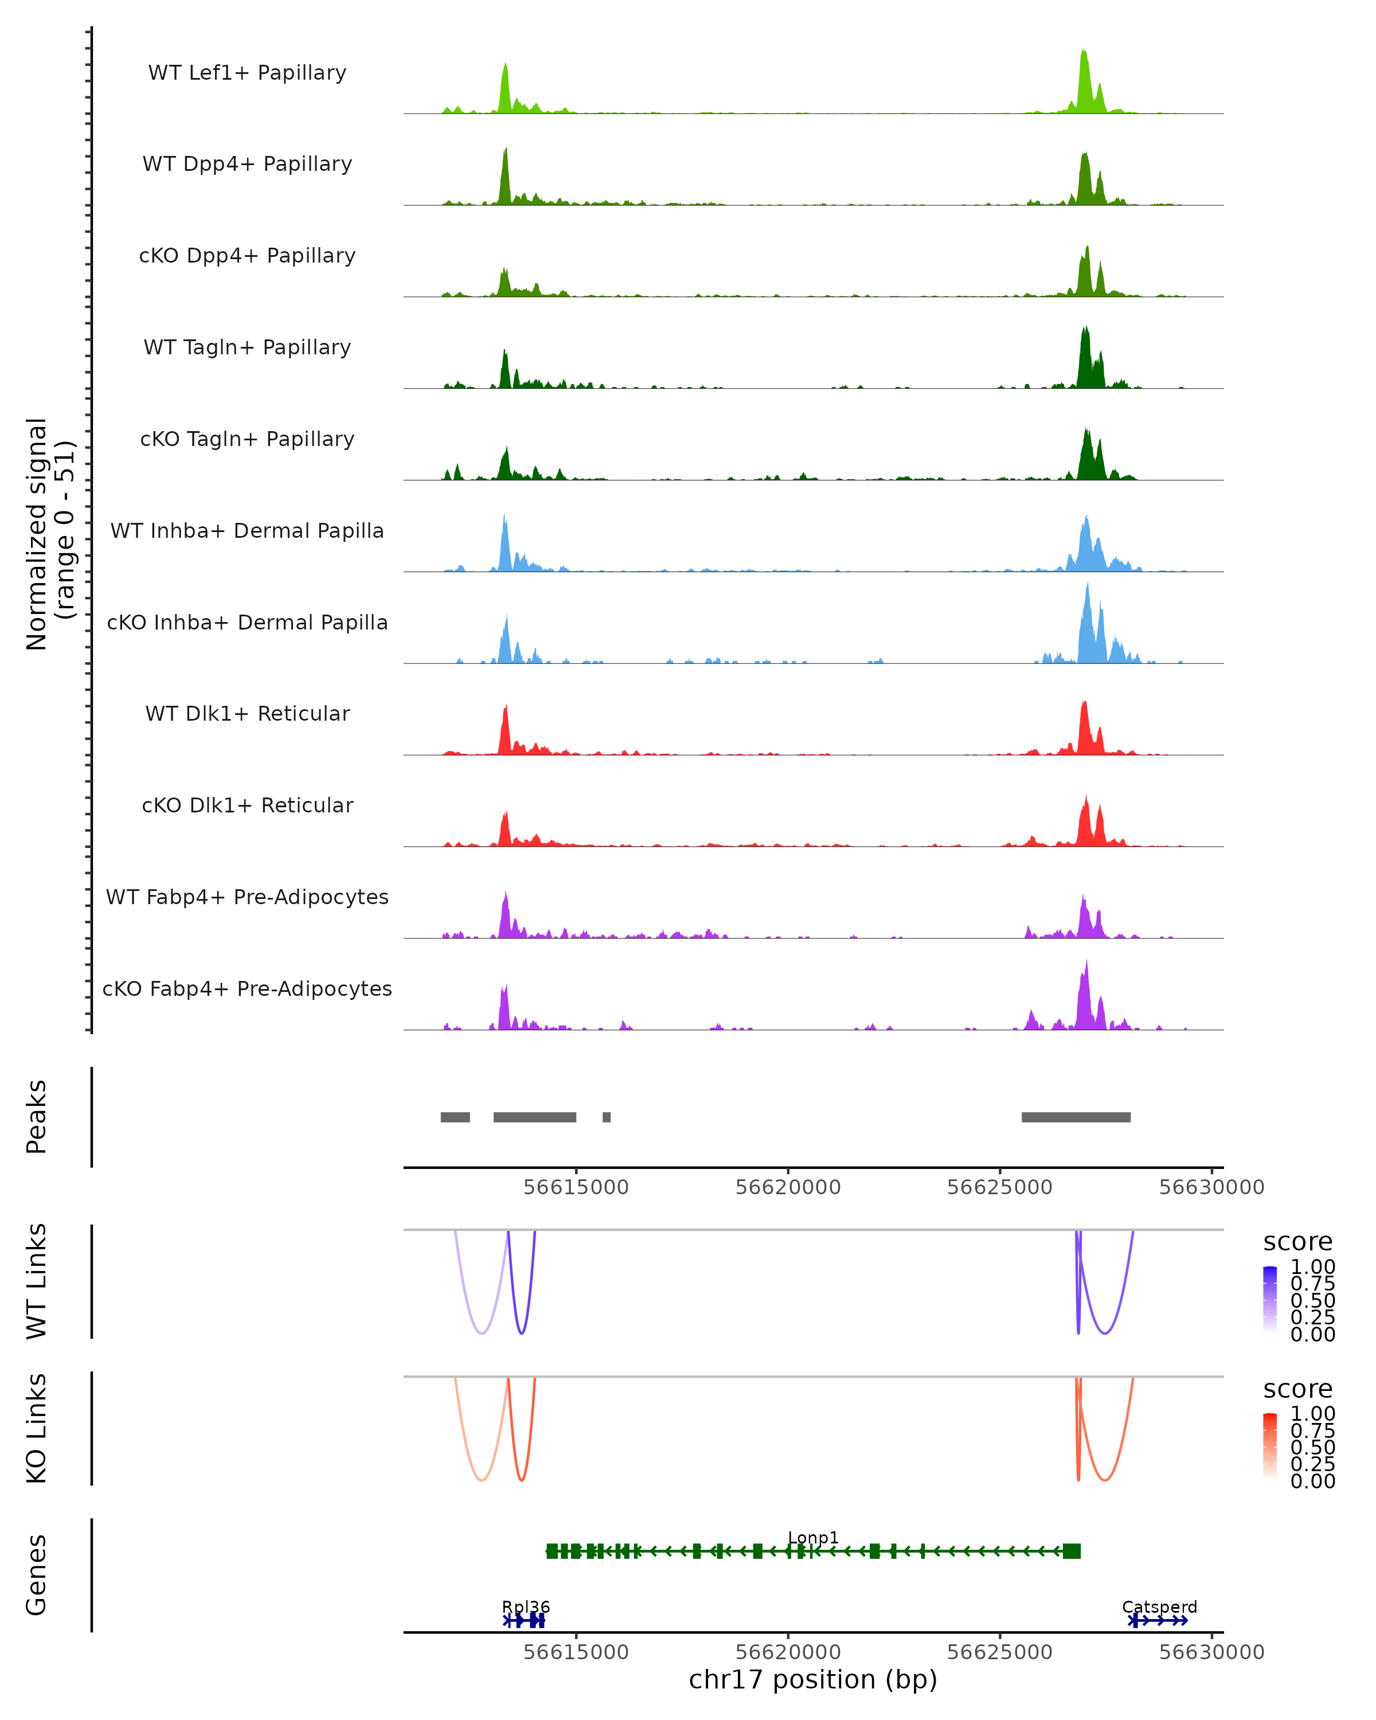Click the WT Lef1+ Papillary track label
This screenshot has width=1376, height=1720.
[x=247, y=73]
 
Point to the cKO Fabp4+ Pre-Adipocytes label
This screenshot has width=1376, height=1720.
[x=247, y=988]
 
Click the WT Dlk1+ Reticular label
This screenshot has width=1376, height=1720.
[x=247, y=713]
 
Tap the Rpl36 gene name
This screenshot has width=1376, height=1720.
[x=526, y=1606]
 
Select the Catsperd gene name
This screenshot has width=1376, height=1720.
[x=1159, y=1606]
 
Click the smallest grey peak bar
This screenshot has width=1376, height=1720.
[x=606, y=1117]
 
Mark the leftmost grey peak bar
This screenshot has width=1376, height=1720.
[x=455, y=1117]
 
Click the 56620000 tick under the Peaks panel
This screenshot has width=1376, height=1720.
[x=788, y=1187]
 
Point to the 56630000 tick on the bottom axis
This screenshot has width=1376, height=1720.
[x=1211, y=1652]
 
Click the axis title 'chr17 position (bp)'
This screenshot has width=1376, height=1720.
[x=813, y=1680]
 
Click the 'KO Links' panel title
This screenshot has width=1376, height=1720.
[x=37, y=1428]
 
